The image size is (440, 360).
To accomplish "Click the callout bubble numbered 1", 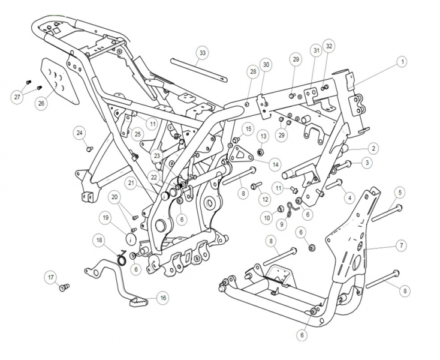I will point(402,61).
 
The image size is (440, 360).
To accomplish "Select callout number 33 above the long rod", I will point(203,53).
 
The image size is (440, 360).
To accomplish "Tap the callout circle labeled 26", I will point(41,103).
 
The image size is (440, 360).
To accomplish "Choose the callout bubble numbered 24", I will point(80,133).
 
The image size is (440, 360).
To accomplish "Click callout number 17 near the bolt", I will point(52,277).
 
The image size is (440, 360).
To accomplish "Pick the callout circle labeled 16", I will point(162,297).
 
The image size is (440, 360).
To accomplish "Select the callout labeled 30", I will point(266,64).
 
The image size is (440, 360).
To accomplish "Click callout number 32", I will point(329,46).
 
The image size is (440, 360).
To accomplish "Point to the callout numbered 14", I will point(275,164).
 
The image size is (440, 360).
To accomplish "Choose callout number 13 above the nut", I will point(263,136).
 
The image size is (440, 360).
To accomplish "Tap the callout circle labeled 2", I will point(372,148).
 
